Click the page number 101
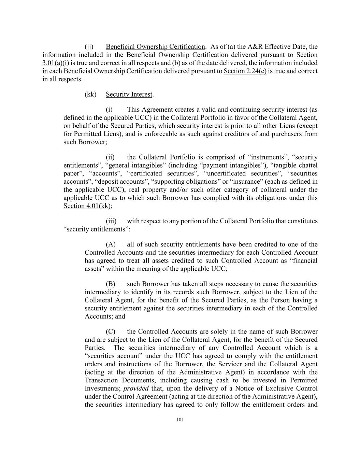[x=180, y=420]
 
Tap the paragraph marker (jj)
[x=89, y=47]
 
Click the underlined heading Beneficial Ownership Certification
[x=155, y=47]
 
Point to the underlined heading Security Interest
[x=129, y=94]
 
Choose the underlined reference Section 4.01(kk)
[x=87, y=206]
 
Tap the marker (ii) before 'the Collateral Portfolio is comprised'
[x=110, y=157]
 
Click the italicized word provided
[x=136, y=389]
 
